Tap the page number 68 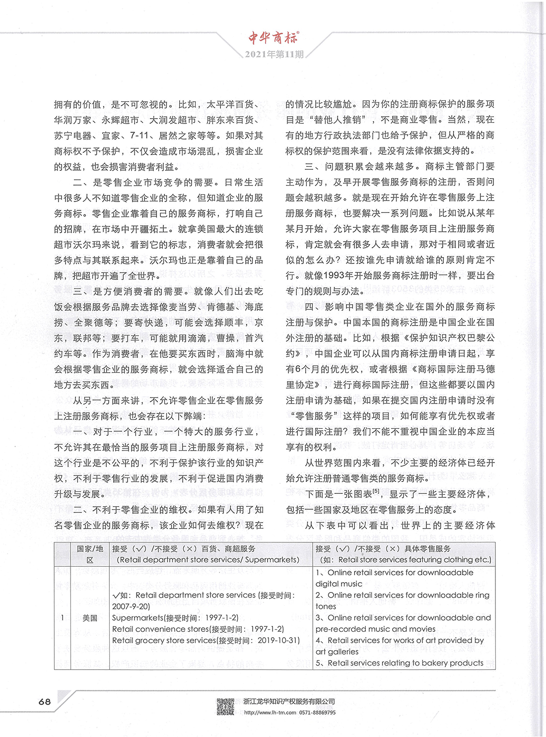[45, 701]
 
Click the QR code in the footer [225, 707]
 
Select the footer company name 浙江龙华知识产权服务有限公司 [289, 701]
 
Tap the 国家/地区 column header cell [90, 554]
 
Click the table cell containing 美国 [90, 618]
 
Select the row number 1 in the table [62, 618]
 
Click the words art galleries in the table [337, 652]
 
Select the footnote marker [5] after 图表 [376, 491]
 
